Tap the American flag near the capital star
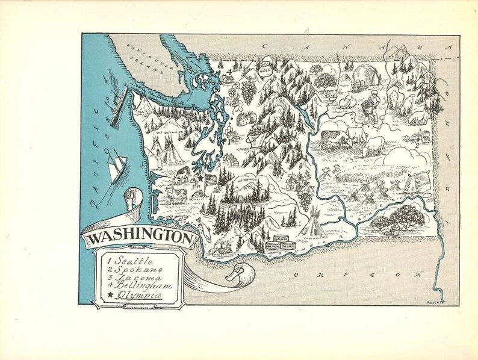pos(211,181)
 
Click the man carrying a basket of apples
pos(371,105)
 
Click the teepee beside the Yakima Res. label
pos(315,223)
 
